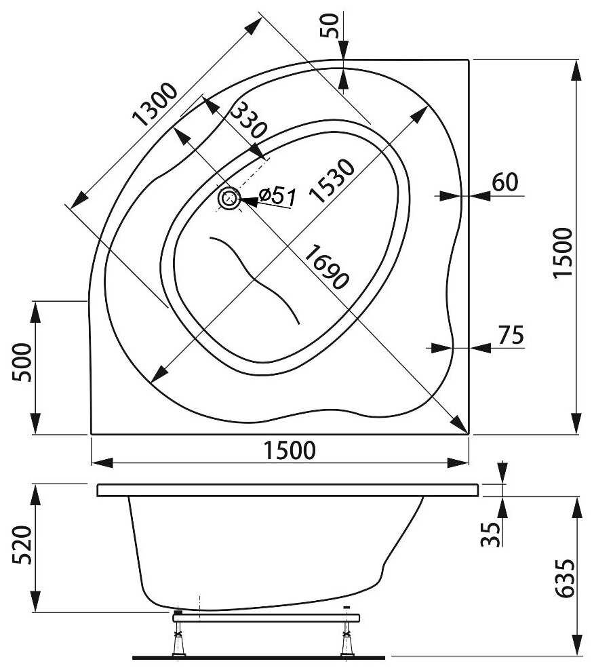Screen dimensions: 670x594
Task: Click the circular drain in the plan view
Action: coord(229,199)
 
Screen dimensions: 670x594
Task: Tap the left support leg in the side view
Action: coord(180,637)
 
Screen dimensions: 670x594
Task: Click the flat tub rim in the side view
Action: coord(288,490)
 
